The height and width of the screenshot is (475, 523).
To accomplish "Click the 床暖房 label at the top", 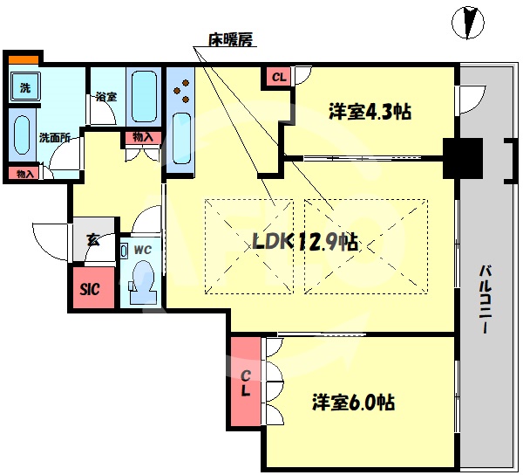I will coord(229,39).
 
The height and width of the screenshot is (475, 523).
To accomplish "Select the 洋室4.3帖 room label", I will coord(370,112).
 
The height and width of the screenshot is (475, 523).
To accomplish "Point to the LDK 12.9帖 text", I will coord(305,242).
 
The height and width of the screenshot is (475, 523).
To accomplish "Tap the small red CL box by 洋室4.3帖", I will coord(278,78).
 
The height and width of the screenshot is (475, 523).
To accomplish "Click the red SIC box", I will coord(91,289).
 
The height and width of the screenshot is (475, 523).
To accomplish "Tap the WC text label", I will coord(143,249).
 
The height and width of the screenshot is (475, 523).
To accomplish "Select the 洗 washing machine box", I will coord(25,87).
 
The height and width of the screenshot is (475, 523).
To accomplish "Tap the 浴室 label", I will coord(106,97).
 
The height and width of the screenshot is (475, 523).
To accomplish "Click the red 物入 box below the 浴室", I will coord(142,137).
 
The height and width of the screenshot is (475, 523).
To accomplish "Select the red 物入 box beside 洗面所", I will coord(24,174).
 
